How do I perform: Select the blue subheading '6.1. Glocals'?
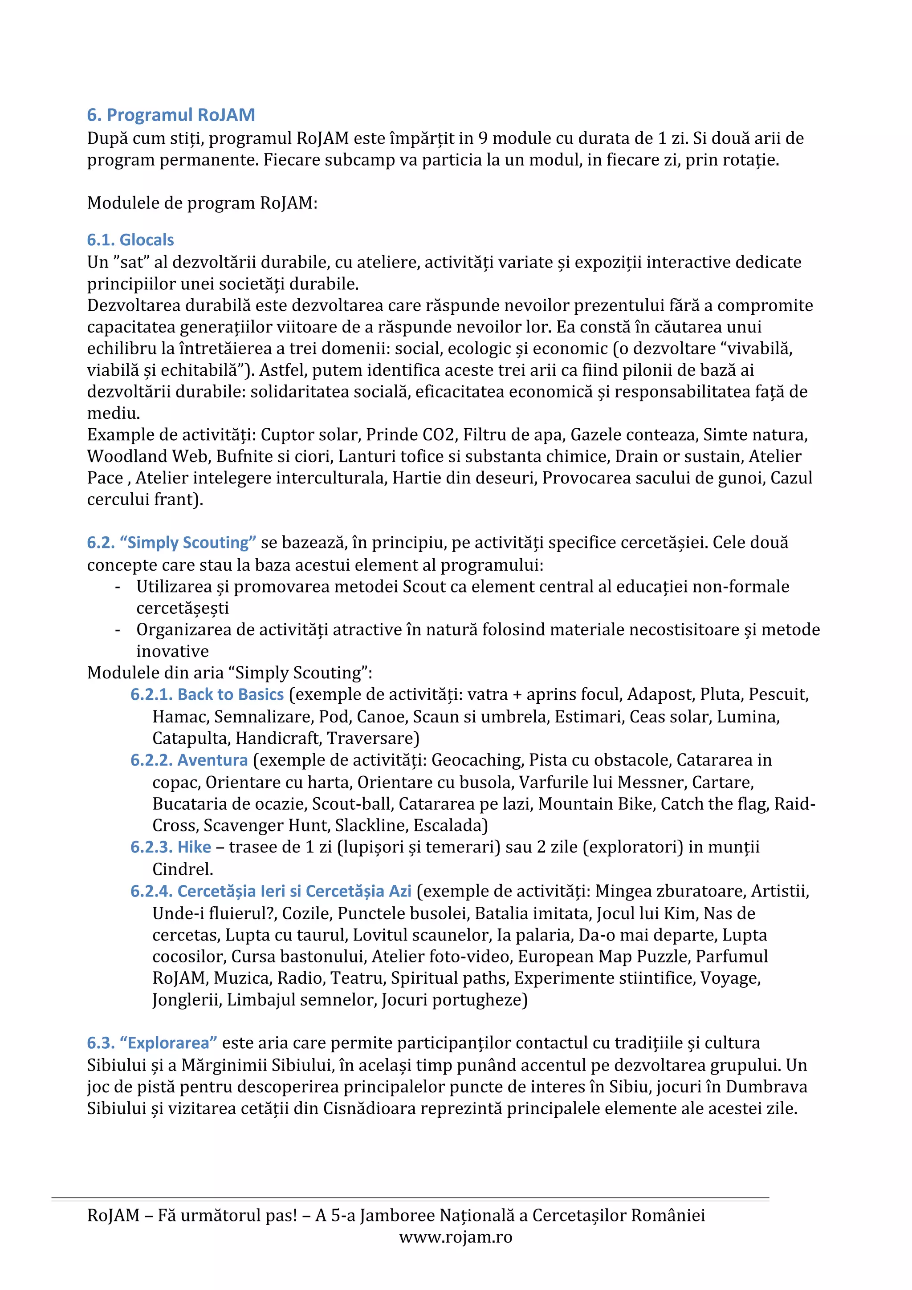[x=130, y=240]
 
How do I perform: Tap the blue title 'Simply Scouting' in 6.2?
[x=187, y=543]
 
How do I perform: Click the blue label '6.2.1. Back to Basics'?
[x=207, y=694]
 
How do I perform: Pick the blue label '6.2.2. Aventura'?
[x=189, y=760]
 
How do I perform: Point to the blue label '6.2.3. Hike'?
[x=171, y=847]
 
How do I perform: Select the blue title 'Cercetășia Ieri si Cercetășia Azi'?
[x=271, y=891]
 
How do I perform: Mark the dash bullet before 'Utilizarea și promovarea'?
[x=118, y=587]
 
